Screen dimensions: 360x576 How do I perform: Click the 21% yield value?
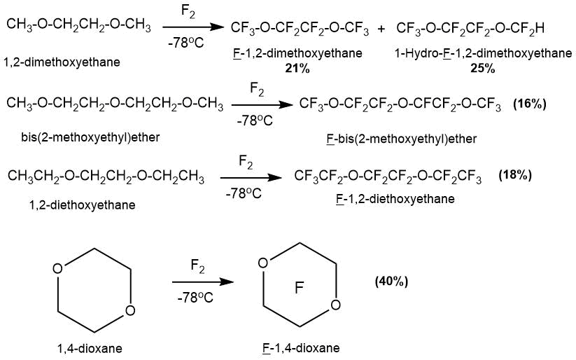click(x=297, y=68)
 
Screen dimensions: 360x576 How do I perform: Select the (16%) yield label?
click(x=530, y=104)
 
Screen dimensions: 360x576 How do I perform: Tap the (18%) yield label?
click(x=514, y=175)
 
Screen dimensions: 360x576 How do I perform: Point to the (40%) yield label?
click(x=391, y=281)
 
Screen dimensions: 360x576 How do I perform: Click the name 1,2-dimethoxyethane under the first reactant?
click(x=61, y=62)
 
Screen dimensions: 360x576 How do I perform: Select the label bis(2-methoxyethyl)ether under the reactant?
click(x=90, y=137)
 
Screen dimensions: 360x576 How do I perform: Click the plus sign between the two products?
click(x=381, y=29)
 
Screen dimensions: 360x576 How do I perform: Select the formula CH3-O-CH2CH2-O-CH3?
click(x=78, y=26)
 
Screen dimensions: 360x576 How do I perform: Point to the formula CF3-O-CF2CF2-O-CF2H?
click(x=470, y=29)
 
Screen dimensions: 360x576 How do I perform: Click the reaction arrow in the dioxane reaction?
click(x=202, y=282)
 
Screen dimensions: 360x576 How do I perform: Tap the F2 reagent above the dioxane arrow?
click(x=198, y=266)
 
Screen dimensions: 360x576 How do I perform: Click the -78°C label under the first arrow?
click(x=185, y=43)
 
